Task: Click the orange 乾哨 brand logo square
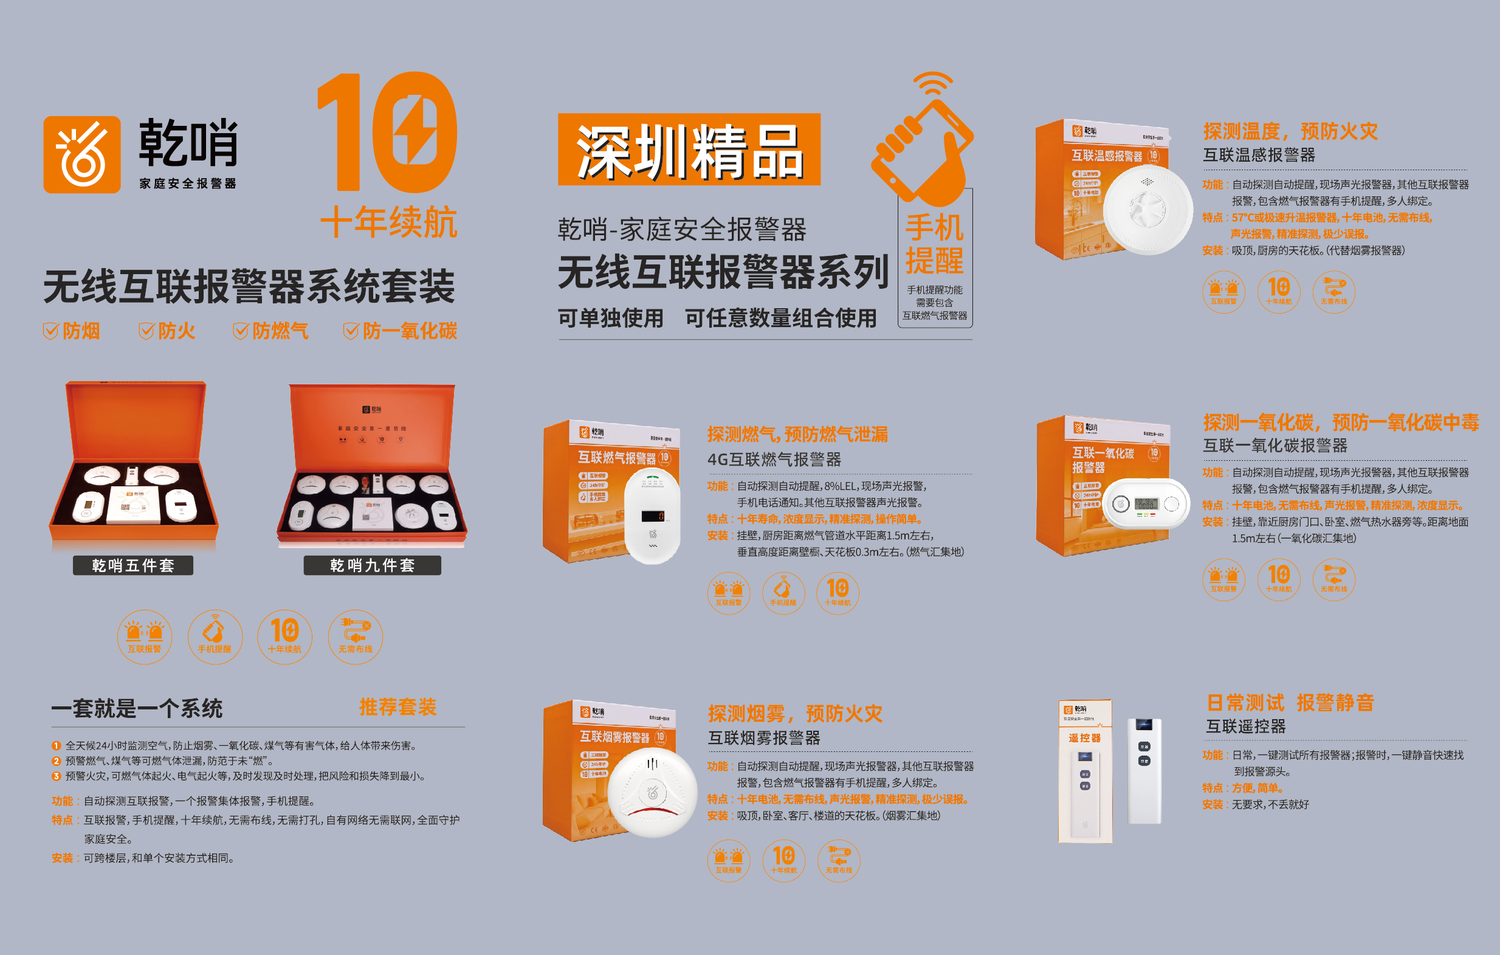point(81,154)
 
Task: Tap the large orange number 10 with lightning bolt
point(387,133)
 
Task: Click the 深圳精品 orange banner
point(689,150)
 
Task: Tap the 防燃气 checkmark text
point(271,331)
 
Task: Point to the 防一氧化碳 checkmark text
point(401,331)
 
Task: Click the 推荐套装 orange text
point(397,707)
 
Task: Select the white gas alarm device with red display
point(652,516)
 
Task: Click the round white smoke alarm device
point(652,792)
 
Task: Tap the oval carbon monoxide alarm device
point(1146,503)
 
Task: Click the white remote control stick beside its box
point(1144,771)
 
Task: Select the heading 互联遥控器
point(1246,726)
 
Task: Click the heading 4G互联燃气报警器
point(774,460)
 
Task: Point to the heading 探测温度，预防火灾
point(1290,131)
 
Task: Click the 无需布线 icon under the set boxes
point(355,636)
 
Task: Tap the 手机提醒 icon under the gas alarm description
point(783,593)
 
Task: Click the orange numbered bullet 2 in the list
point(56,760)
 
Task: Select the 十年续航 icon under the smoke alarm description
point(783,860)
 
